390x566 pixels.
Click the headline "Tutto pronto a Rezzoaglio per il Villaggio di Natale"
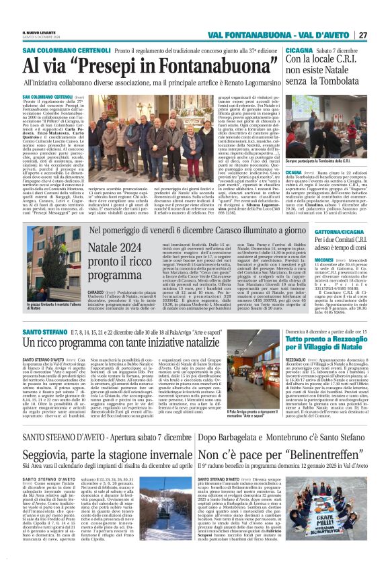325,343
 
